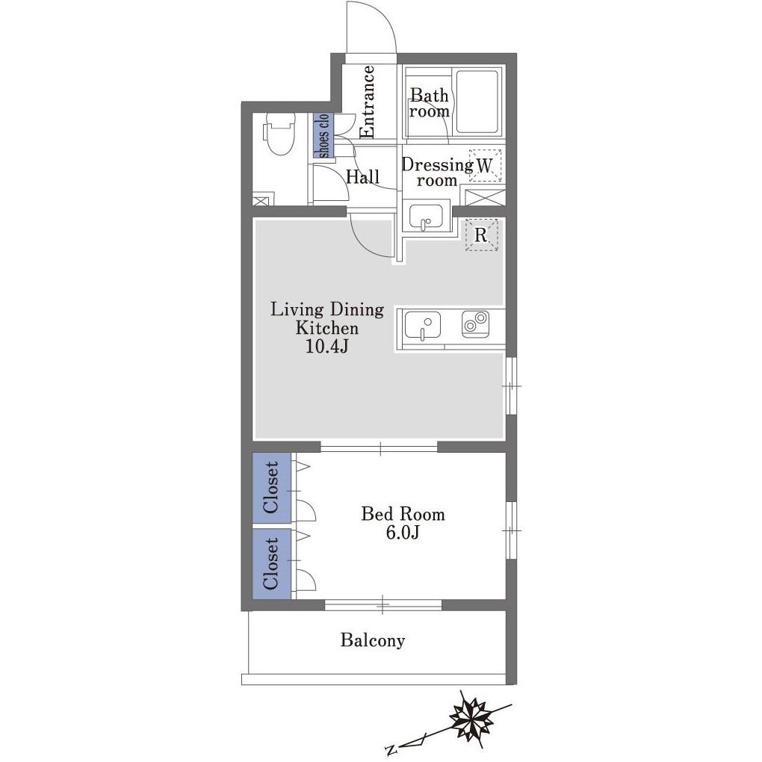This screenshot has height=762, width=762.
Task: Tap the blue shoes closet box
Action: (323, 135)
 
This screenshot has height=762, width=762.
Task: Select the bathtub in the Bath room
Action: (477, 102)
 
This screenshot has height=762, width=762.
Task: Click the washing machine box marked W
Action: (485, 165)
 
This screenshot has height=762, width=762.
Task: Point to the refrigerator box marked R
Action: (481, 235)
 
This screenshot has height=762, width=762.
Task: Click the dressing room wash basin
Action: (426, 217)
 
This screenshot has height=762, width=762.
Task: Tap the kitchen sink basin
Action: (422, 326)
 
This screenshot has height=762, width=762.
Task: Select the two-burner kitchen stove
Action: (475, 323)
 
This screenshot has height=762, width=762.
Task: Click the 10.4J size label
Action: (326, 347)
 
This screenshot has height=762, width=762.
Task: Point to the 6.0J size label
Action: (403, 533)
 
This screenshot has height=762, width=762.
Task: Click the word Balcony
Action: (373, 640)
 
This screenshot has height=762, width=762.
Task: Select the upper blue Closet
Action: (272, 487)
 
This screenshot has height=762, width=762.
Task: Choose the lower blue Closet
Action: (272, 563)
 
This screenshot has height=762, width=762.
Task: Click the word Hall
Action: (362, 176)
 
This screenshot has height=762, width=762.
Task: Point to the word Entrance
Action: (368, 102)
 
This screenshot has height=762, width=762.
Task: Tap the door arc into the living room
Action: (365, 243)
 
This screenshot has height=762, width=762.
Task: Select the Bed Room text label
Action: (403, 514)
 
